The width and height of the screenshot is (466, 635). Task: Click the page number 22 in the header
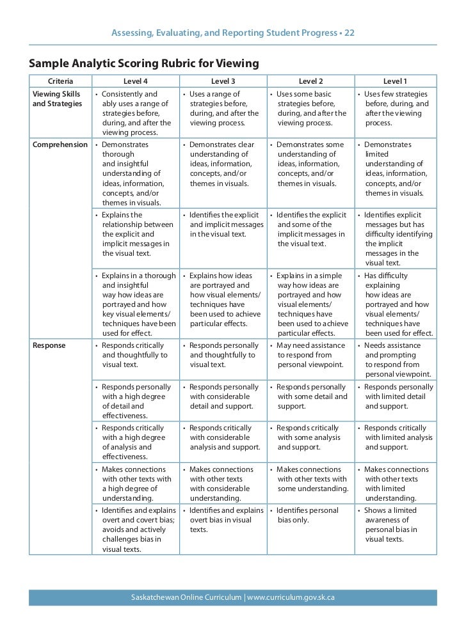tap(349, 33)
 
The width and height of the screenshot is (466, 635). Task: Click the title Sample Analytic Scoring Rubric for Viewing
tap(144, 63)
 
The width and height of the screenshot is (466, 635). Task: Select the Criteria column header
tap(60, 81)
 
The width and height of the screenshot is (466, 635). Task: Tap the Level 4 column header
tap(135, 81)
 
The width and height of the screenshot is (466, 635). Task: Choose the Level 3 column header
tap(223, 81)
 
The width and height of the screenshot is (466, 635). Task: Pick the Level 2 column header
tap(310, 81)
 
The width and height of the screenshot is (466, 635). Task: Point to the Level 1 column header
tap(395, 81)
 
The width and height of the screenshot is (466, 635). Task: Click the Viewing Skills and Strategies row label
tap(57, 99)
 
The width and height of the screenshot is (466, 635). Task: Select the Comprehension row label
tap(60, 145)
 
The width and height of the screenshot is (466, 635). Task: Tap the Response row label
tap(48, 346)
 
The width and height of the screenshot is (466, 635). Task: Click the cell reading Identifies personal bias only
tap(308, 515)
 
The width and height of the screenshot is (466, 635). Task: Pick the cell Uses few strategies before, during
tap(396, 108)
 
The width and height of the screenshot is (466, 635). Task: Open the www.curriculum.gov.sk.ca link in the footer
tap(291, 598)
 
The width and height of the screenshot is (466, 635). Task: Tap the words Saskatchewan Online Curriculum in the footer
tap(186, 598)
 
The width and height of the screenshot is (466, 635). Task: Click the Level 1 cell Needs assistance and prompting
tap(396, 359)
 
